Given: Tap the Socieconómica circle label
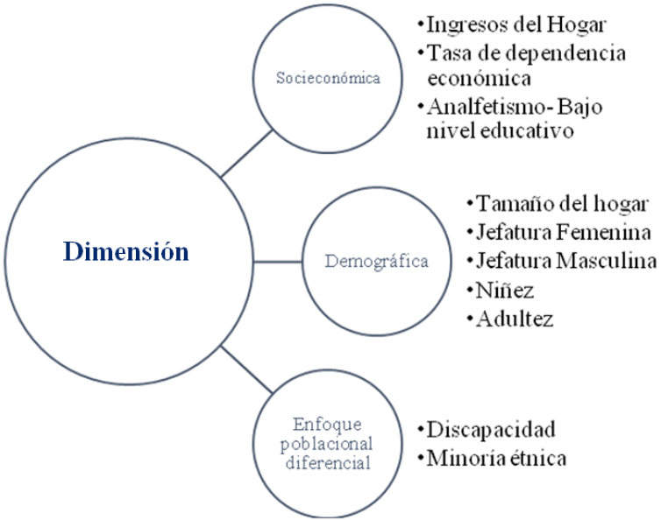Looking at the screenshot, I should pyautogui.click(x=328, y=78).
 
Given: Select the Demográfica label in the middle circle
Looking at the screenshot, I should pyautogui.click(x=376, y=261).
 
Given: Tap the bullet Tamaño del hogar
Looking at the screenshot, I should pyautogui.click(x=561, y=205).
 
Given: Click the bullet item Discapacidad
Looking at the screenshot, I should pyautogui.click(x=489, y=430).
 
